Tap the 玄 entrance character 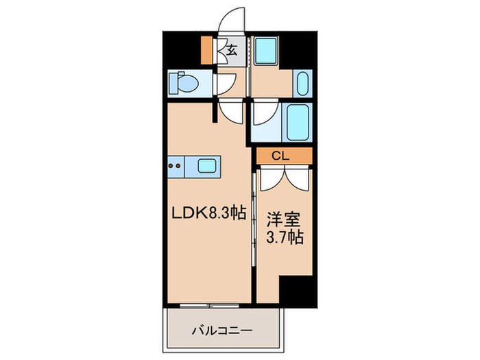tap(232, 49)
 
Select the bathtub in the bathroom tap(297, 122)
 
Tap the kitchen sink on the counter tap(208, 165)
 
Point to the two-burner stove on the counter tap(176, 165)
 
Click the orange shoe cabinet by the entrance tap(208, 49)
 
